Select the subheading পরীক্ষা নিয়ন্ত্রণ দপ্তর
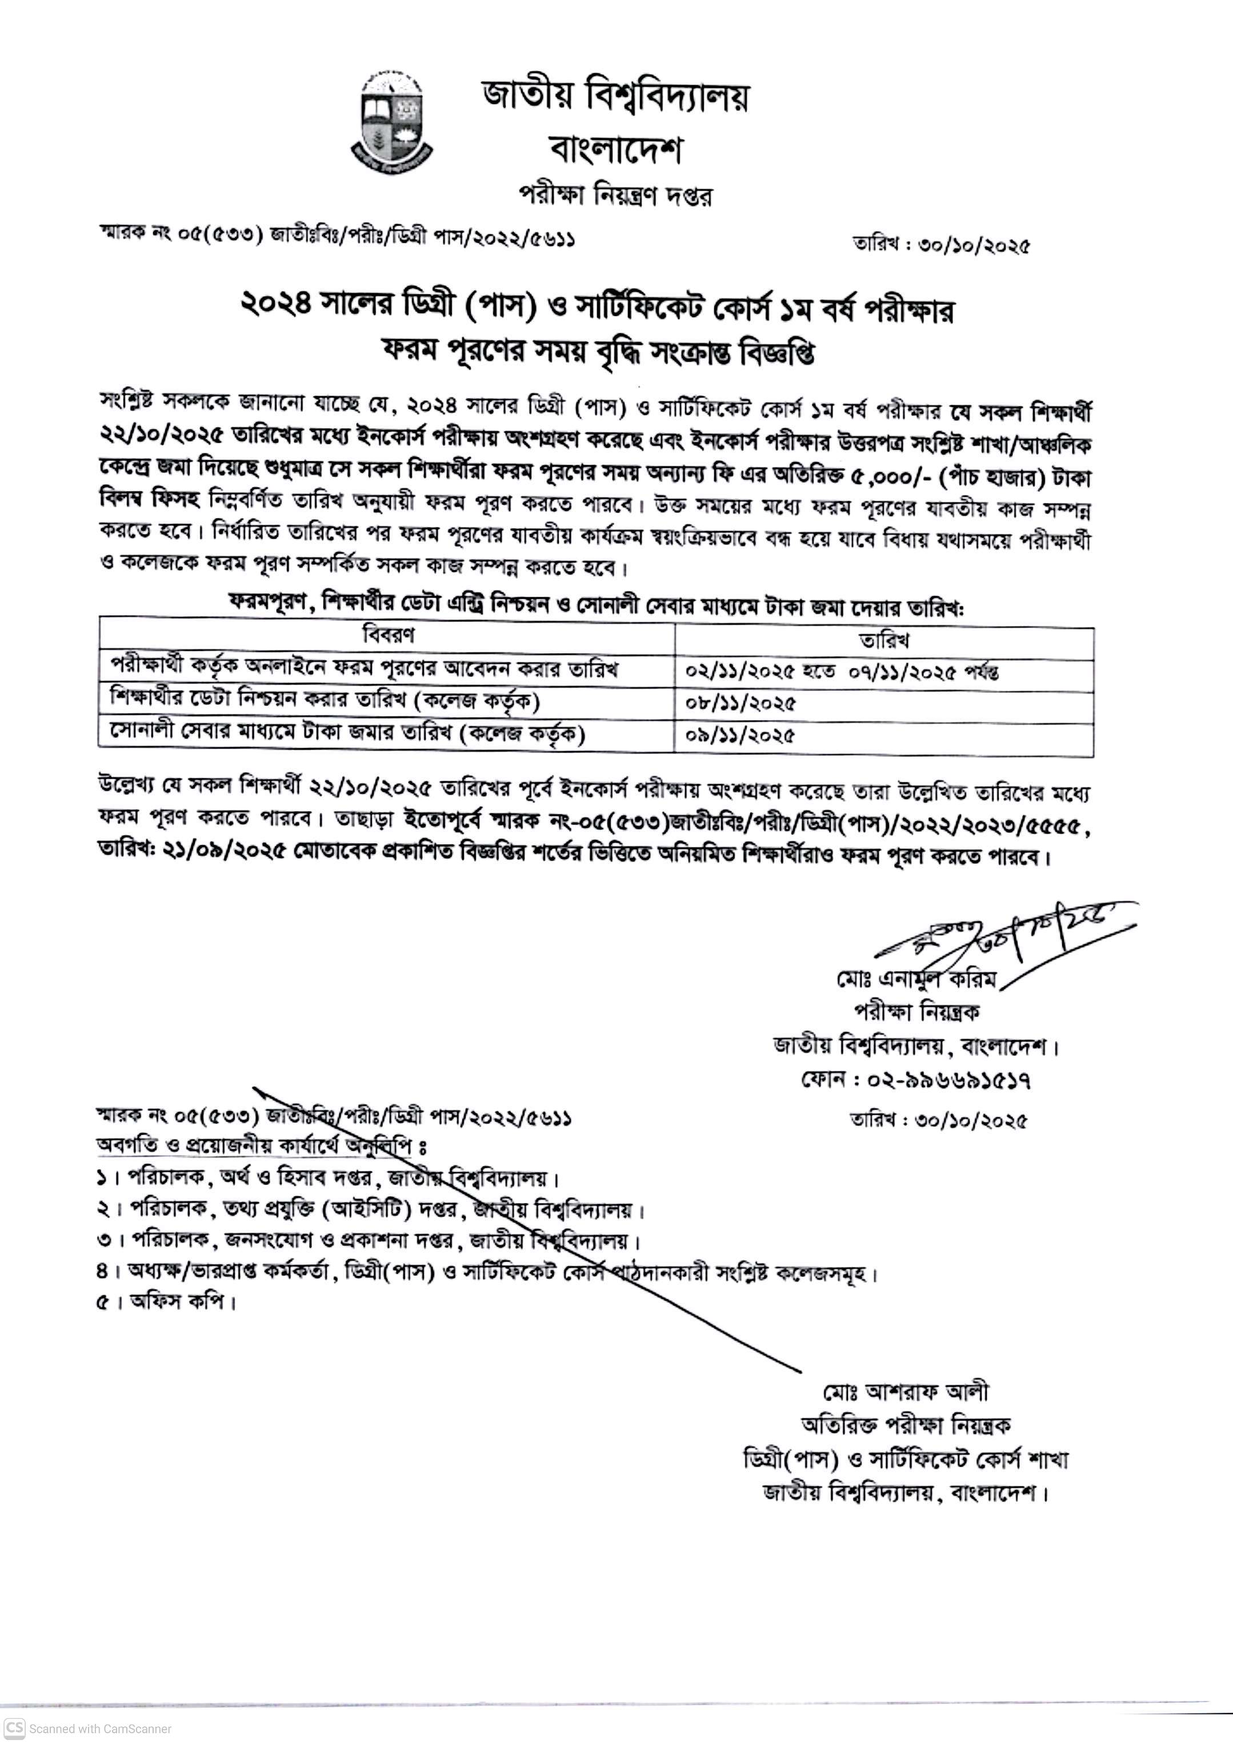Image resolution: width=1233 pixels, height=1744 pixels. pyautogui.click(x=615, y=195)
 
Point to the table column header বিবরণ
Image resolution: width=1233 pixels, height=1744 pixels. pyautogui.click(x=387, y=634)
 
